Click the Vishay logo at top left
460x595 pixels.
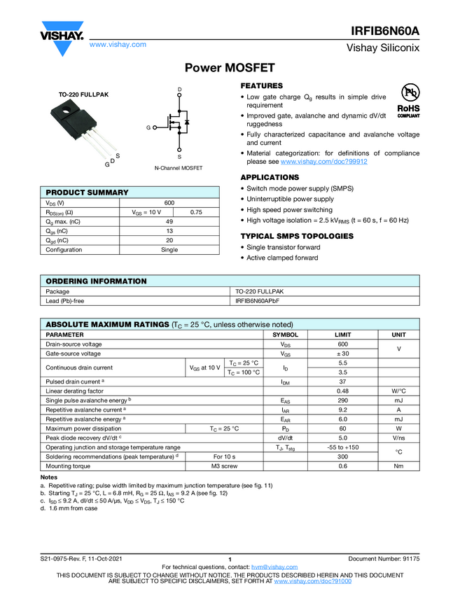[x=62, y=36]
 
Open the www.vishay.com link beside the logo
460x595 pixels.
[x=118, y=44]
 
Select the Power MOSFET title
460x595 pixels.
[x=230, y=68]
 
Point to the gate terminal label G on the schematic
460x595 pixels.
[x=148, y=128]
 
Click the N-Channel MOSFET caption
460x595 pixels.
[x=179, y=169]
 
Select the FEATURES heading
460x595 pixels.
[x=261, y=85]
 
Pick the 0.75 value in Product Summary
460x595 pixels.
[x=196, y=211]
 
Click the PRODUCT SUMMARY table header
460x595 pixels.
[x=87, y=192]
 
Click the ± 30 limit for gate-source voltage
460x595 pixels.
[x=342, y=353]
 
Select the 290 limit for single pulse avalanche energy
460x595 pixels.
[x=342, y=399]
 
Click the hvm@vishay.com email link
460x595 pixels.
[x=270, y=567]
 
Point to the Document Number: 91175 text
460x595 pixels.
[x=384, y=558]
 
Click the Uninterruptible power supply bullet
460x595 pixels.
[x=291, y=199]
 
